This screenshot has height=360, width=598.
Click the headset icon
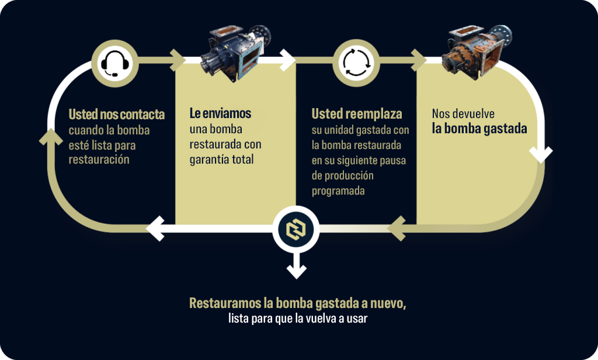115,63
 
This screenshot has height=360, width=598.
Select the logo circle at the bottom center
296,230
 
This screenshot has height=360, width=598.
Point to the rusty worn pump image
477,51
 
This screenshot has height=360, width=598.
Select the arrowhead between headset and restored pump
178,60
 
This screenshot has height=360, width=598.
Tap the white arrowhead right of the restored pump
287,60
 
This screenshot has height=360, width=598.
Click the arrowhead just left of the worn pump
419,60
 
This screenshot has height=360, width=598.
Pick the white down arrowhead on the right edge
540,155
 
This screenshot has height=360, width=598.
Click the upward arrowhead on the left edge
51,137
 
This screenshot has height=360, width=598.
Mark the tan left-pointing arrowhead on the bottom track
397,229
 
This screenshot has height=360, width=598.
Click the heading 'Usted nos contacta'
117,114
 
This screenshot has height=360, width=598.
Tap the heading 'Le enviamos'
220,113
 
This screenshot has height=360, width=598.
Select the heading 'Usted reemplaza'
357,114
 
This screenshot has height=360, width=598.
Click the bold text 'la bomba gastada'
479,129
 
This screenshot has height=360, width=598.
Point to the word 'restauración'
99,159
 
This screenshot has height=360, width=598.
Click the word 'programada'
338,191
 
